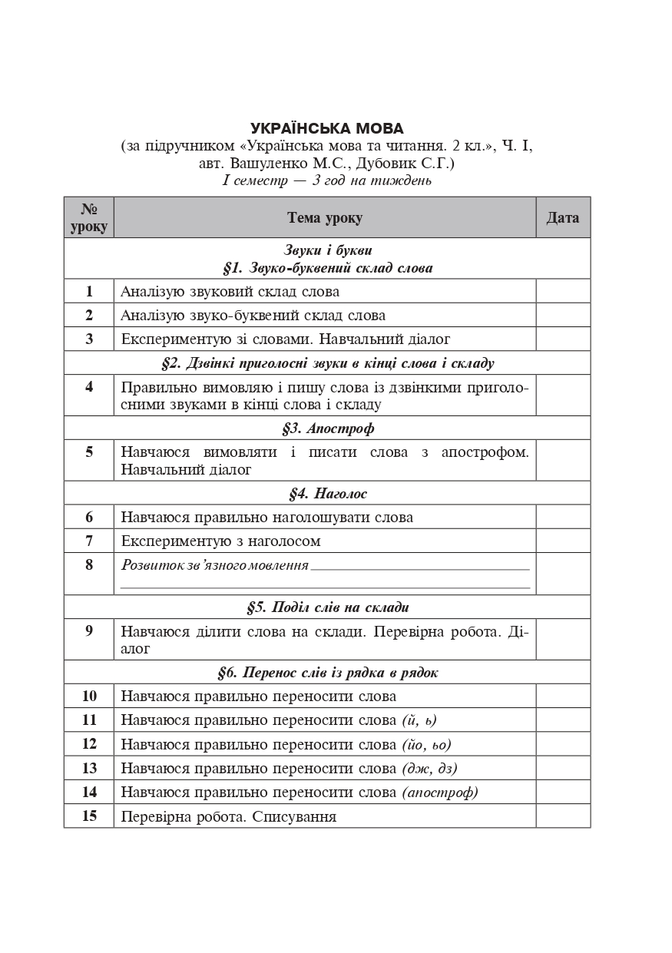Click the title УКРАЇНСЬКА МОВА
(x=326, y=128)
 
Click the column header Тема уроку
(x=325, y=218)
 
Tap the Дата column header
(x=563, y=218)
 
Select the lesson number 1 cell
(x=89, y=292)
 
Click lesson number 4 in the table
(x=89, y=387)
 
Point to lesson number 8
(x=89, y=565)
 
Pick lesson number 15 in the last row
(x=89, y=816)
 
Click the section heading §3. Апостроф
(x=328, y=429)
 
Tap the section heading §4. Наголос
(x=328, y=494)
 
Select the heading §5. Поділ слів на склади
(x=328, y=607)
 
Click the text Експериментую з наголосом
(x=220, y=541)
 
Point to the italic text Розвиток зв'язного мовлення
(x=215, y=566)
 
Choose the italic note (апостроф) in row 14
(x=439, y=793)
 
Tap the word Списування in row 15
(x=294, y=817)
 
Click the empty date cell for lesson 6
(x=563, y=518)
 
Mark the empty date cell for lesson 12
(x=563, y=745)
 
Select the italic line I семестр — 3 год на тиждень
(x=326, y=181)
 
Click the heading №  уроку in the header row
(x=89, y=218)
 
